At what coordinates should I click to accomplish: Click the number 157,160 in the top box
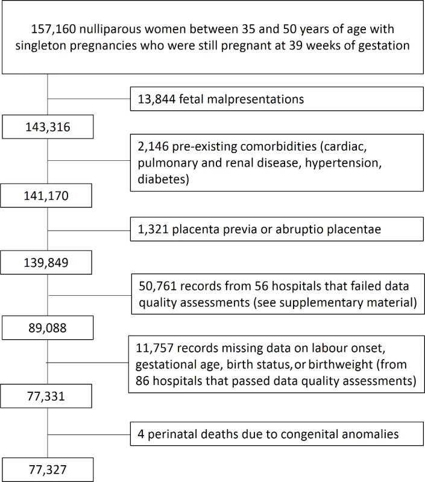coord(53,29)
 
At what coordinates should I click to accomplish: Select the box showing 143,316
coord(48,127)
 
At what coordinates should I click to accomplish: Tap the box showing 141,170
coord(46,195)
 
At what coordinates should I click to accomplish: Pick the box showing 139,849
coord(46,263)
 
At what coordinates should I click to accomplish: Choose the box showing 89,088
coord(48,328)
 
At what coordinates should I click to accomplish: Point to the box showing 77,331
coord(46,396)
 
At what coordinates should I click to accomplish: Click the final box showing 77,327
coord(48,469)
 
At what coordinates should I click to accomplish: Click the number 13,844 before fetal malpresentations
coord(157,99)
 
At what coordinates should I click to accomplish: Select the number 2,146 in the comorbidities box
coord(153,146)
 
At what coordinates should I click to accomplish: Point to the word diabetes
coord(163,179)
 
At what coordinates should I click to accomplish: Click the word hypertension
coord(343,163)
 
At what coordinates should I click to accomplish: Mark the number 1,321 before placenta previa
coord(153,230)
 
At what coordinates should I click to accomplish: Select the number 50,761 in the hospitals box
coord(158,286)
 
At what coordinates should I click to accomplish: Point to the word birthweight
coord(341,365)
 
